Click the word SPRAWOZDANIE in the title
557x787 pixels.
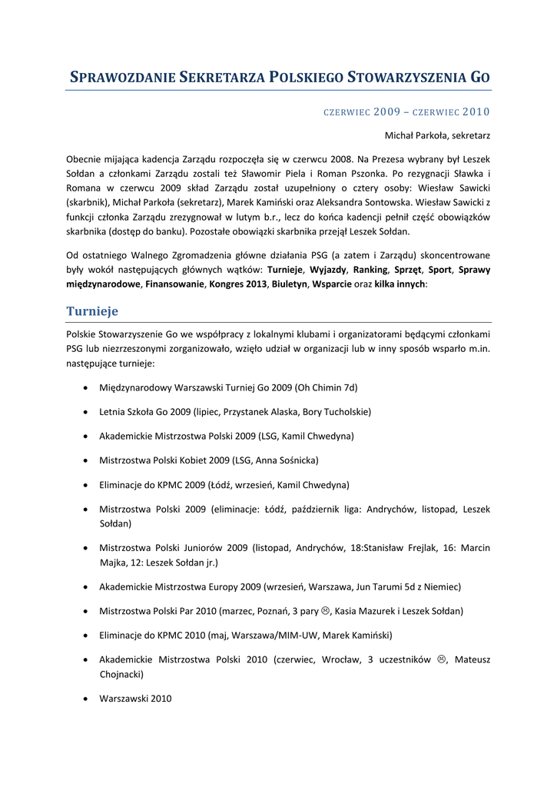[124, 78]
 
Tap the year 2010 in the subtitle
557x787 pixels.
[476, 112]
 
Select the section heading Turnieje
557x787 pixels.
[92, 311]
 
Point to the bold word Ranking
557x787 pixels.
[370, 270]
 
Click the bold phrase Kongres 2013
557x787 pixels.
[238, 284]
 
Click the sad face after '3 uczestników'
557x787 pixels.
[442, 659]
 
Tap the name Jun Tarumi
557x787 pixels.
[380, 586]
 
